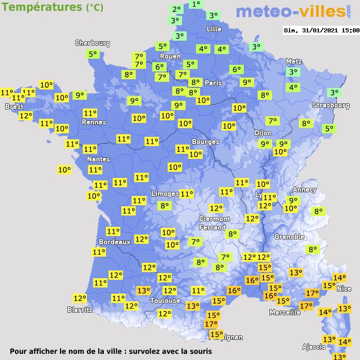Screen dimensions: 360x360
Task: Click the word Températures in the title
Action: click(x=41, y=7)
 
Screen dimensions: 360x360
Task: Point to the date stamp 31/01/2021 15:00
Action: click(x=321, y=30)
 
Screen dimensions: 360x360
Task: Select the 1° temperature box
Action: click(x=196, y=5)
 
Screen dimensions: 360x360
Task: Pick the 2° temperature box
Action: click(x=176, y=10)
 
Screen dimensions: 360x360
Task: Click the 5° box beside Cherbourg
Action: click(x=93, y=54)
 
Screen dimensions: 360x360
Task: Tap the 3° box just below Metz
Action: click(x=294, y=73)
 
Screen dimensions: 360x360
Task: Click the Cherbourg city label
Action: click(x=93, y=43)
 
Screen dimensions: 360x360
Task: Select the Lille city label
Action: click(x=214, y=29)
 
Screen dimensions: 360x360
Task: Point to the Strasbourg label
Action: click(x=331, y=105)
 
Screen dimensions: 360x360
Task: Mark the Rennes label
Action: click(x=94, y=122)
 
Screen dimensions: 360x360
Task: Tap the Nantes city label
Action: click(x=98, y=159)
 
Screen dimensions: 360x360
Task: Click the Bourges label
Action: click(x=205, y=142)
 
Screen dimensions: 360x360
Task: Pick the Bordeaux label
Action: click(x=114, y=242)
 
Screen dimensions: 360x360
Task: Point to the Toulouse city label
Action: click(x=165, y=300)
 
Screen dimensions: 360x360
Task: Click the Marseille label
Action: click(x=285, y=312)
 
